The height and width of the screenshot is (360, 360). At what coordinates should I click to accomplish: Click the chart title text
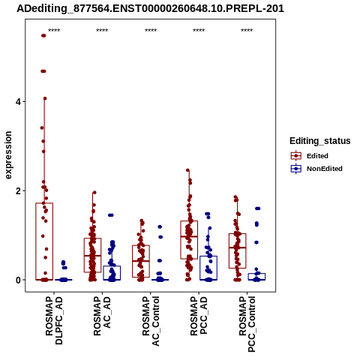click(150, 9)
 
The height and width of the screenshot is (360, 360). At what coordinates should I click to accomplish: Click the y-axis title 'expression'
click(8, 155)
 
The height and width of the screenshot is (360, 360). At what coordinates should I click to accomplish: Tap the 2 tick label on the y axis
click(18, 191)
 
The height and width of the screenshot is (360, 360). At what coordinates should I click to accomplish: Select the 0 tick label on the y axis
click(18, 280)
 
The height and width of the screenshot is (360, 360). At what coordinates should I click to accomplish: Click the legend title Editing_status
click(319, 141)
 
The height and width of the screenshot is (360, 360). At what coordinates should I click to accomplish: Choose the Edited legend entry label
click(317, 156)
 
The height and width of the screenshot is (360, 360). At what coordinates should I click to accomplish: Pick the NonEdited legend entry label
click(325, 169)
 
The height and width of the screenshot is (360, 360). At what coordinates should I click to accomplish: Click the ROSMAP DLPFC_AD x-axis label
click(54, 320)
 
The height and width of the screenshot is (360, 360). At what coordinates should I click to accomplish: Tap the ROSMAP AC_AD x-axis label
click(102, 316)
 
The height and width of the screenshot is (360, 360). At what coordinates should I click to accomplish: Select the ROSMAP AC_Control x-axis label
click(151, 321)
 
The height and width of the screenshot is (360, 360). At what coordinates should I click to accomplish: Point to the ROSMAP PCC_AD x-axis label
click(199, 316)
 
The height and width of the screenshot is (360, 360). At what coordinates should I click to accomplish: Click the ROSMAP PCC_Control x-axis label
click(247, 324)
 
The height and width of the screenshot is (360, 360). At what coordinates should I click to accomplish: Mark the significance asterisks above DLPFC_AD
click(54, 31)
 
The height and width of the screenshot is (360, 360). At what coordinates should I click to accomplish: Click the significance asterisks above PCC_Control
click(247, 31)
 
